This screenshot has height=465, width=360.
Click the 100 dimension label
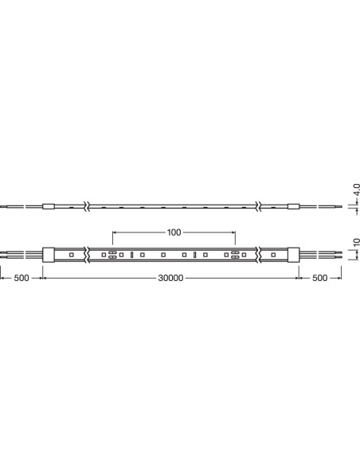(x=174, y=232)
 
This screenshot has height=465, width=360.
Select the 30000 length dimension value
(x=170, y=278)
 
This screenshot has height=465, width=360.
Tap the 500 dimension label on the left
(x=22, y=278)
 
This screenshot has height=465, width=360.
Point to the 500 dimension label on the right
(x=319, y=278)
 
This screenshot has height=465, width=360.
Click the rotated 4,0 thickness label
(x=356, y=190)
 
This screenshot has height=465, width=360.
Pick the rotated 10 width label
(x=357, y=242)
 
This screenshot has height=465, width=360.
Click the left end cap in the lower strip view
(x=49, y=255)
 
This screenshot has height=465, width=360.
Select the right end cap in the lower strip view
(x=293, y=255)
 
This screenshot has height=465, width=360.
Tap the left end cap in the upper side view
(x=49, y=206)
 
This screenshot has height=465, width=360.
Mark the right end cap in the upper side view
(x=293, y=206)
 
